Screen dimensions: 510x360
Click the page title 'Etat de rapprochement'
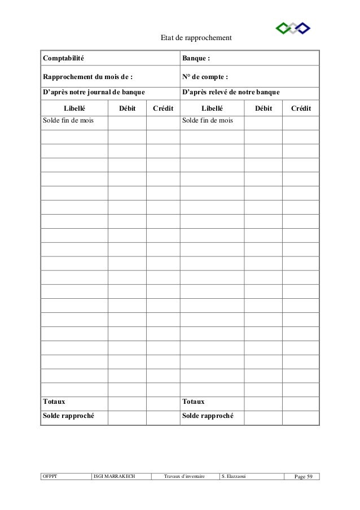tap(196, 38)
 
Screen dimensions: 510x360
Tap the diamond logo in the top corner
tap(293, 28)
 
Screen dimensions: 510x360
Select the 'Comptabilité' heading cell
tap(63, 58)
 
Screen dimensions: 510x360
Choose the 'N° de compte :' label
tap(205, 77)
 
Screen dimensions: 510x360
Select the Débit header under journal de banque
tap(127, 108)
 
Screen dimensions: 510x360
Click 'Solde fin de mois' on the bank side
tap(208, 120)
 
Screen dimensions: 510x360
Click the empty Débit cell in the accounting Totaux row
tap(127, 402)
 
